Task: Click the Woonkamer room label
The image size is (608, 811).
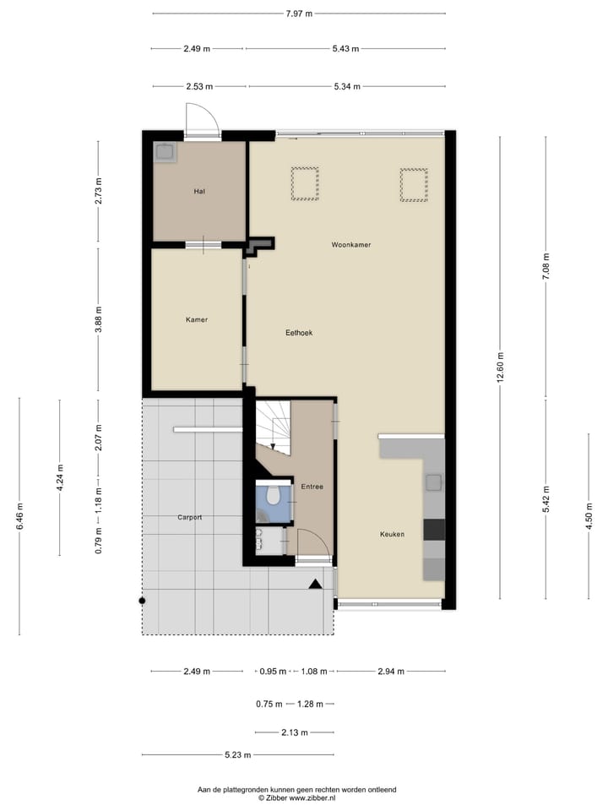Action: pos(351,244)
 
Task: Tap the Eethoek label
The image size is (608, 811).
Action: pos(298,333)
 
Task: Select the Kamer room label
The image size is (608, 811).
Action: pos(197,319)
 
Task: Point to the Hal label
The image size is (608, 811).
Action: pos(199,192)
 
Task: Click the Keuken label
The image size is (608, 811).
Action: pos(391,534)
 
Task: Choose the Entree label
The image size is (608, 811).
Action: pos(312,487)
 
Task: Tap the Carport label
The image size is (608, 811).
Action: pos(190,517)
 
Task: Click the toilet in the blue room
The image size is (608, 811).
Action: pos(272,495)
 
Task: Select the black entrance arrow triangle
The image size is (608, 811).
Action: pos(315,584)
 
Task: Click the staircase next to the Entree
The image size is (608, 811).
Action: pos(273,427)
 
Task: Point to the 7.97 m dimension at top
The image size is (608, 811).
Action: pos(298,14)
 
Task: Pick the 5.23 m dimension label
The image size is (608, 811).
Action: pos(237,755)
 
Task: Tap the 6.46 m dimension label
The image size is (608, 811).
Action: pos(19,515)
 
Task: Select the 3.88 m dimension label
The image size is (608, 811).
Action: pos(99,319)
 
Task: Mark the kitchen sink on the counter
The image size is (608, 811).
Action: pos(433,482)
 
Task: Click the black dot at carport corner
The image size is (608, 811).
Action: pos(142,601)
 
